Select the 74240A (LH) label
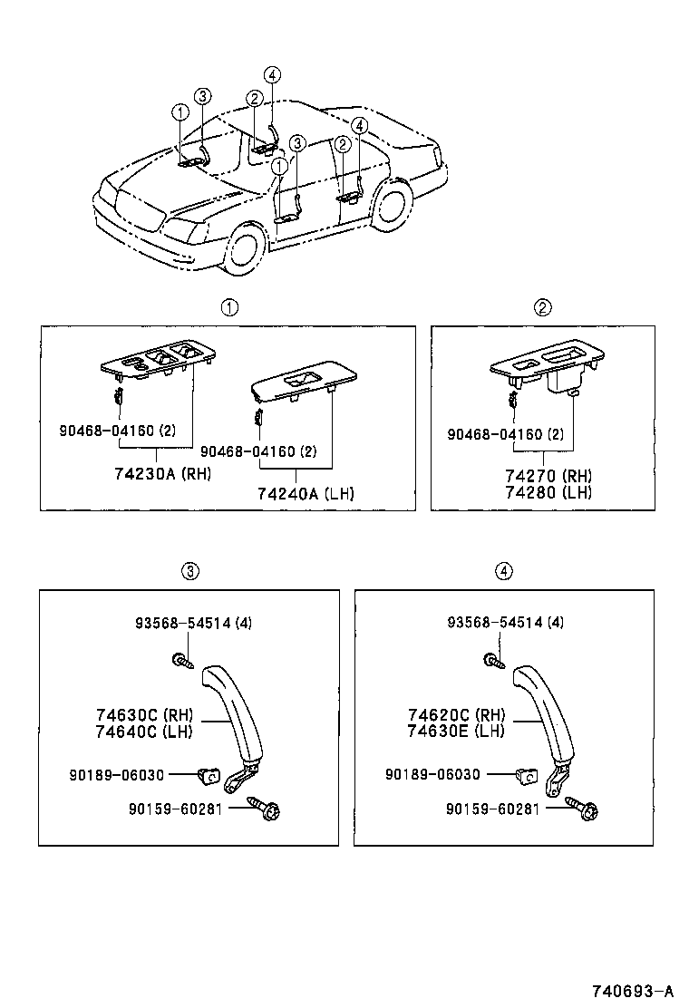pyautogui.click(x=306, y=494)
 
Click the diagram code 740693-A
pyautogui.click(x=631, y=990)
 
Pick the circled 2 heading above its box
pyautogui.click(x=542, y=307)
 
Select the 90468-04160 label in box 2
pyautogui.click(x=505, y=434)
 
